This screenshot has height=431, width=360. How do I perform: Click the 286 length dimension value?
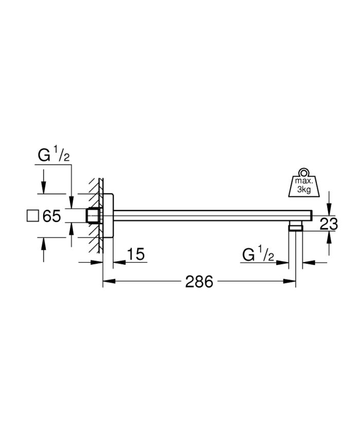coord(199,282)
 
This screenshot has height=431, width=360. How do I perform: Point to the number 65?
coord(51,216)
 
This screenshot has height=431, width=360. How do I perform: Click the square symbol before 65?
coord(32,216)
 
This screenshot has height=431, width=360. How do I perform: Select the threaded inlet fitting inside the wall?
coord(93,216)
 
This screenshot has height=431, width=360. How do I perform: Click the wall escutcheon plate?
coord(108,216)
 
